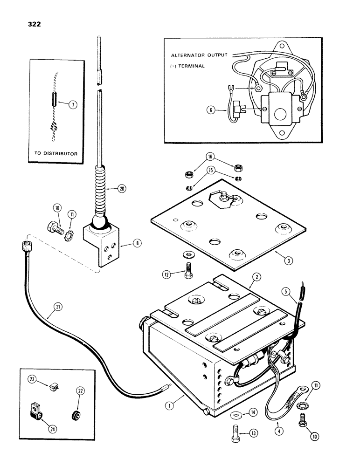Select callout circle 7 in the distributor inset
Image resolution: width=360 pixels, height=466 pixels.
pyautogui.click(x=72, y=105)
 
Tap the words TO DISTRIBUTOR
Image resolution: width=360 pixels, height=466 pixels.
pyautogui.click(x=56, y=153)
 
